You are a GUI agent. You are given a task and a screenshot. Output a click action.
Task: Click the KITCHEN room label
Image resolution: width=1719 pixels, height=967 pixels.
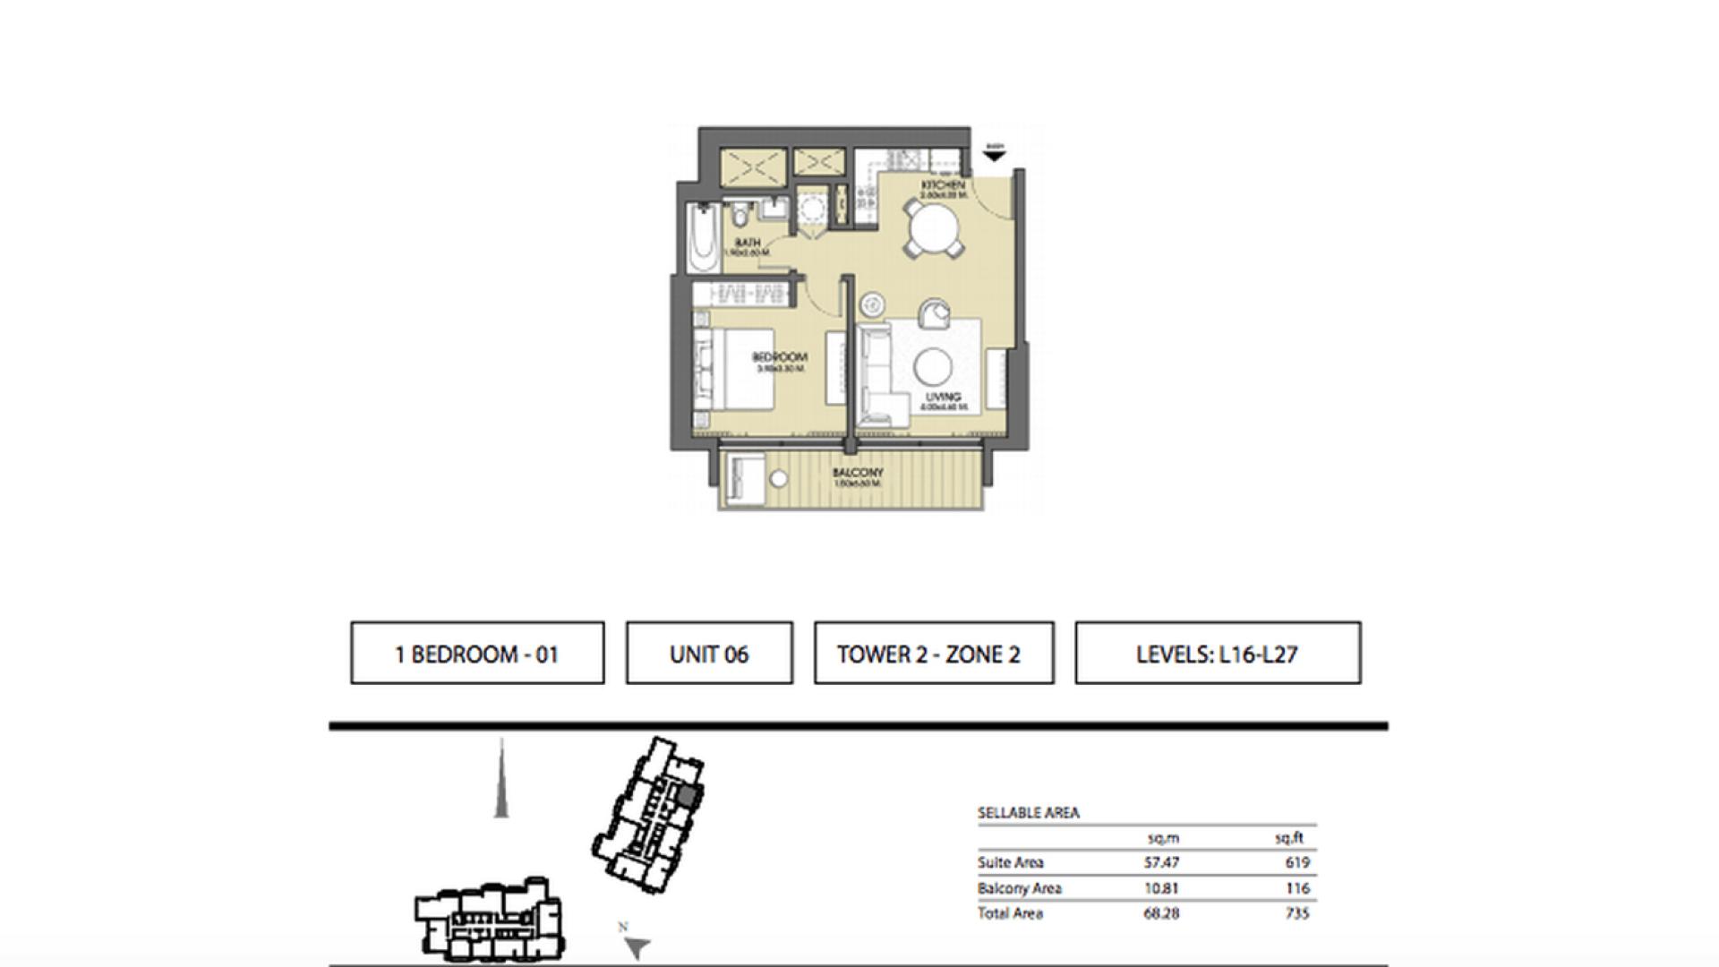[x=944, y=184]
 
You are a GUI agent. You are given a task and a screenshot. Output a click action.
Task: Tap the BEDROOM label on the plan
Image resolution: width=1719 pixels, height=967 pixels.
[x=779, y=357]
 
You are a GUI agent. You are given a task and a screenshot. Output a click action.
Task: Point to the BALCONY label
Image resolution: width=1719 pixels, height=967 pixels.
[x=858, y=473]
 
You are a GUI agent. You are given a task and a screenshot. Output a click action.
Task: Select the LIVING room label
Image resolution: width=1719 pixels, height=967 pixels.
[x=944, y=397]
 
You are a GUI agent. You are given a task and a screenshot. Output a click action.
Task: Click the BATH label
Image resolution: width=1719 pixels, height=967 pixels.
[x=748, y=243]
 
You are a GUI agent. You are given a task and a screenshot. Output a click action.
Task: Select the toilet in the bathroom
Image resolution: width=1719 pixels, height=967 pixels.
[x=740, y=216]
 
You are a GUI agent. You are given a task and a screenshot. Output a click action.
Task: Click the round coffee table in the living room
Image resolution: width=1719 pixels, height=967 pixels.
[x=932, y=366]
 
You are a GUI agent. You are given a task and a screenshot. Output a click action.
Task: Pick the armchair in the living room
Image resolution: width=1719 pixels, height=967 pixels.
[x=936, y=313]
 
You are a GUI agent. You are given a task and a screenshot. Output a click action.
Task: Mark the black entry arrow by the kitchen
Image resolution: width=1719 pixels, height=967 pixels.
[x=994, y=156]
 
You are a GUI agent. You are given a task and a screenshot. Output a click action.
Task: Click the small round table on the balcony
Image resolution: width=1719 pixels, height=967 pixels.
[x=779, y=480]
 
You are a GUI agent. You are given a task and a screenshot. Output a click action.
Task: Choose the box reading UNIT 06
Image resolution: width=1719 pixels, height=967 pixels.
[x=709, y=654]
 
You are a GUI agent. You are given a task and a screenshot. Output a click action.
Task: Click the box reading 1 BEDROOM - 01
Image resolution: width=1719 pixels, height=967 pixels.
[x=477, y=654]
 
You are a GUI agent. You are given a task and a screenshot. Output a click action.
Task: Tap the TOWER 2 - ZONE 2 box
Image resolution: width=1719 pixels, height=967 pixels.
[x=933, y=654]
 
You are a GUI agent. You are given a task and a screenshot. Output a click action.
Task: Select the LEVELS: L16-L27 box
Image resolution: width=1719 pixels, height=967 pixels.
[x=1218, y=654]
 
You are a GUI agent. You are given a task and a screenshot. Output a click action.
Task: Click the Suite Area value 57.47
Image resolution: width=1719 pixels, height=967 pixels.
[x=1161, y=863]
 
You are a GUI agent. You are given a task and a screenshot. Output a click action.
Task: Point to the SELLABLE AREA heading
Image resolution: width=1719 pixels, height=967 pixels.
[x=1028, y=813]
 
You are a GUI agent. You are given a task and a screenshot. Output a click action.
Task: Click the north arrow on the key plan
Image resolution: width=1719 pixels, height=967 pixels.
[x=637, y=947]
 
